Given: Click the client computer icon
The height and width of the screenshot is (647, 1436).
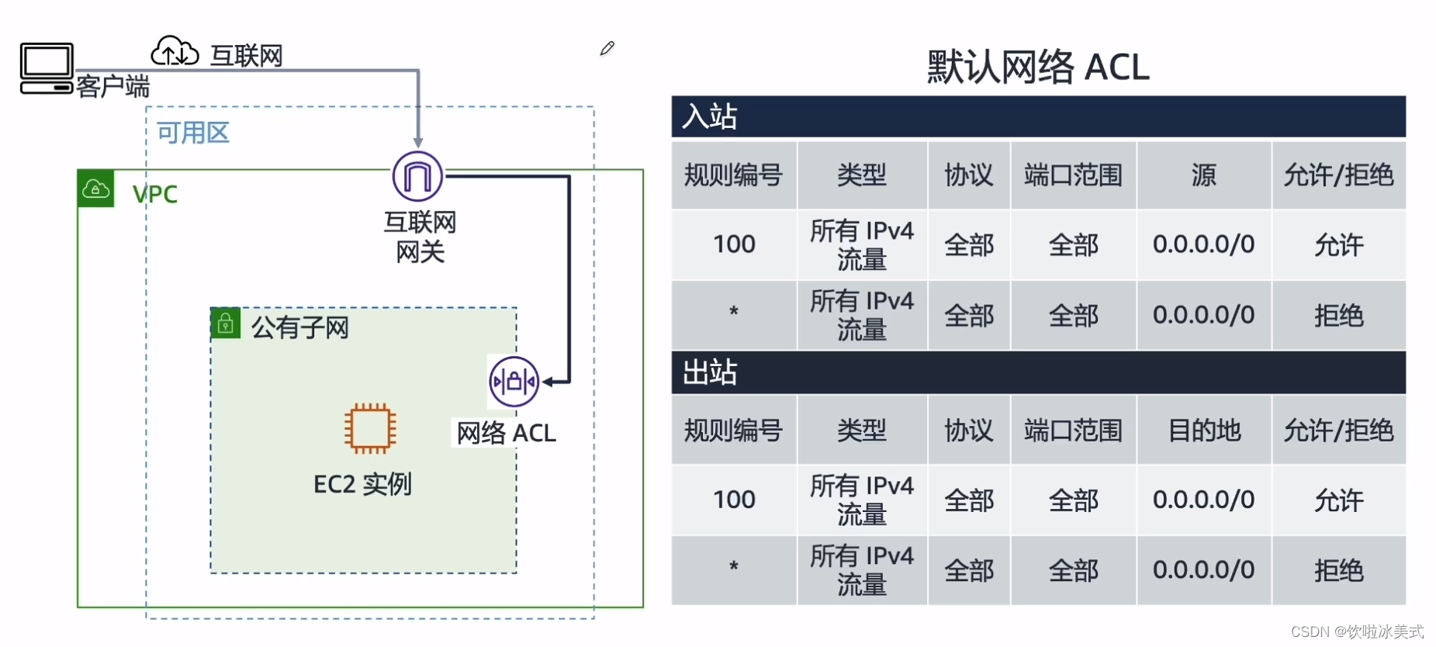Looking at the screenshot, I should [x=47, y=68].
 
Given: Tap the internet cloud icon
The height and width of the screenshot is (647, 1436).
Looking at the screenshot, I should [x=175, y=51].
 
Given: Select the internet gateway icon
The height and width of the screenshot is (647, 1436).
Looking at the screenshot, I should [x=417, y=176].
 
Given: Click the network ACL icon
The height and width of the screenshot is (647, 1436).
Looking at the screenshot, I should [x=514, y=382].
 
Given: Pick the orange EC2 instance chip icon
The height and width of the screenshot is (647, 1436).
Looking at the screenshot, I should [x=370, y=427].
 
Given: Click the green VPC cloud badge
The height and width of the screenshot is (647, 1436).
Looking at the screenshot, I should [x=95, y=189].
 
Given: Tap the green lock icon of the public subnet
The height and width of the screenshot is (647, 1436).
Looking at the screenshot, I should [x=225, y=323].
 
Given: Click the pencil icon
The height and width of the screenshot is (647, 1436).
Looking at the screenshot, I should [x=607, y=49].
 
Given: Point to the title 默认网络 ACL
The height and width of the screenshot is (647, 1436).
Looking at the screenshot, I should [x=1038, y=67].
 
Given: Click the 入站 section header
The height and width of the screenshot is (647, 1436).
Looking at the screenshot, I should [x=710, y=116].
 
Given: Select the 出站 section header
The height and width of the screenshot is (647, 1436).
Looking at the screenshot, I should [x=710, y=372].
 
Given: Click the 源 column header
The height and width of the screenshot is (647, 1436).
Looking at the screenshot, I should [x=1203, y=175].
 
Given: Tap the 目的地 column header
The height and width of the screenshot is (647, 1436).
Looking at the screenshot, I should [x=1204, y=430].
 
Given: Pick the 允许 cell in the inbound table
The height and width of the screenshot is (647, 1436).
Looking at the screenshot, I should [x=1338, y=245].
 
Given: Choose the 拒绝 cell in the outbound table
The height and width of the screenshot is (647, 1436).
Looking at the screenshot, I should [x=1338, y=571].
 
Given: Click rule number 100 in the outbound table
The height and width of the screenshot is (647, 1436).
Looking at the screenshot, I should [x=734, y=500].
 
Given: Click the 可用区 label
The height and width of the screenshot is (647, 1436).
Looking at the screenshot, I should [x=193, y=133].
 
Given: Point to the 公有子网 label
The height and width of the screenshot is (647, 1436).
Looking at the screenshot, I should [x=300, y=327].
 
